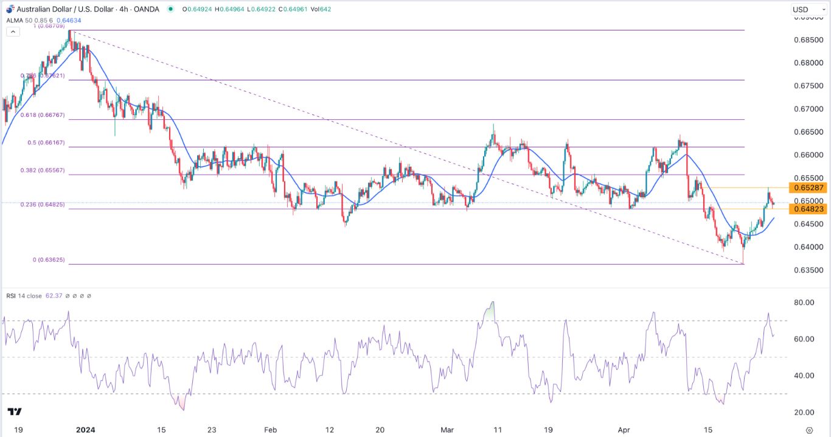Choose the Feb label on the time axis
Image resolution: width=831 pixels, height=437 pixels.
pos(271,429)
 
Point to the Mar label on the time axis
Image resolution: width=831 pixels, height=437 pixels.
pos(447,429)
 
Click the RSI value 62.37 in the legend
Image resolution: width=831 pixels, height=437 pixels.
pos(54,296)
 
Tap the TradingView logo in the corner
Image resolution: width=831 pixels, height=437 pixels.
pos(16,411)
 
